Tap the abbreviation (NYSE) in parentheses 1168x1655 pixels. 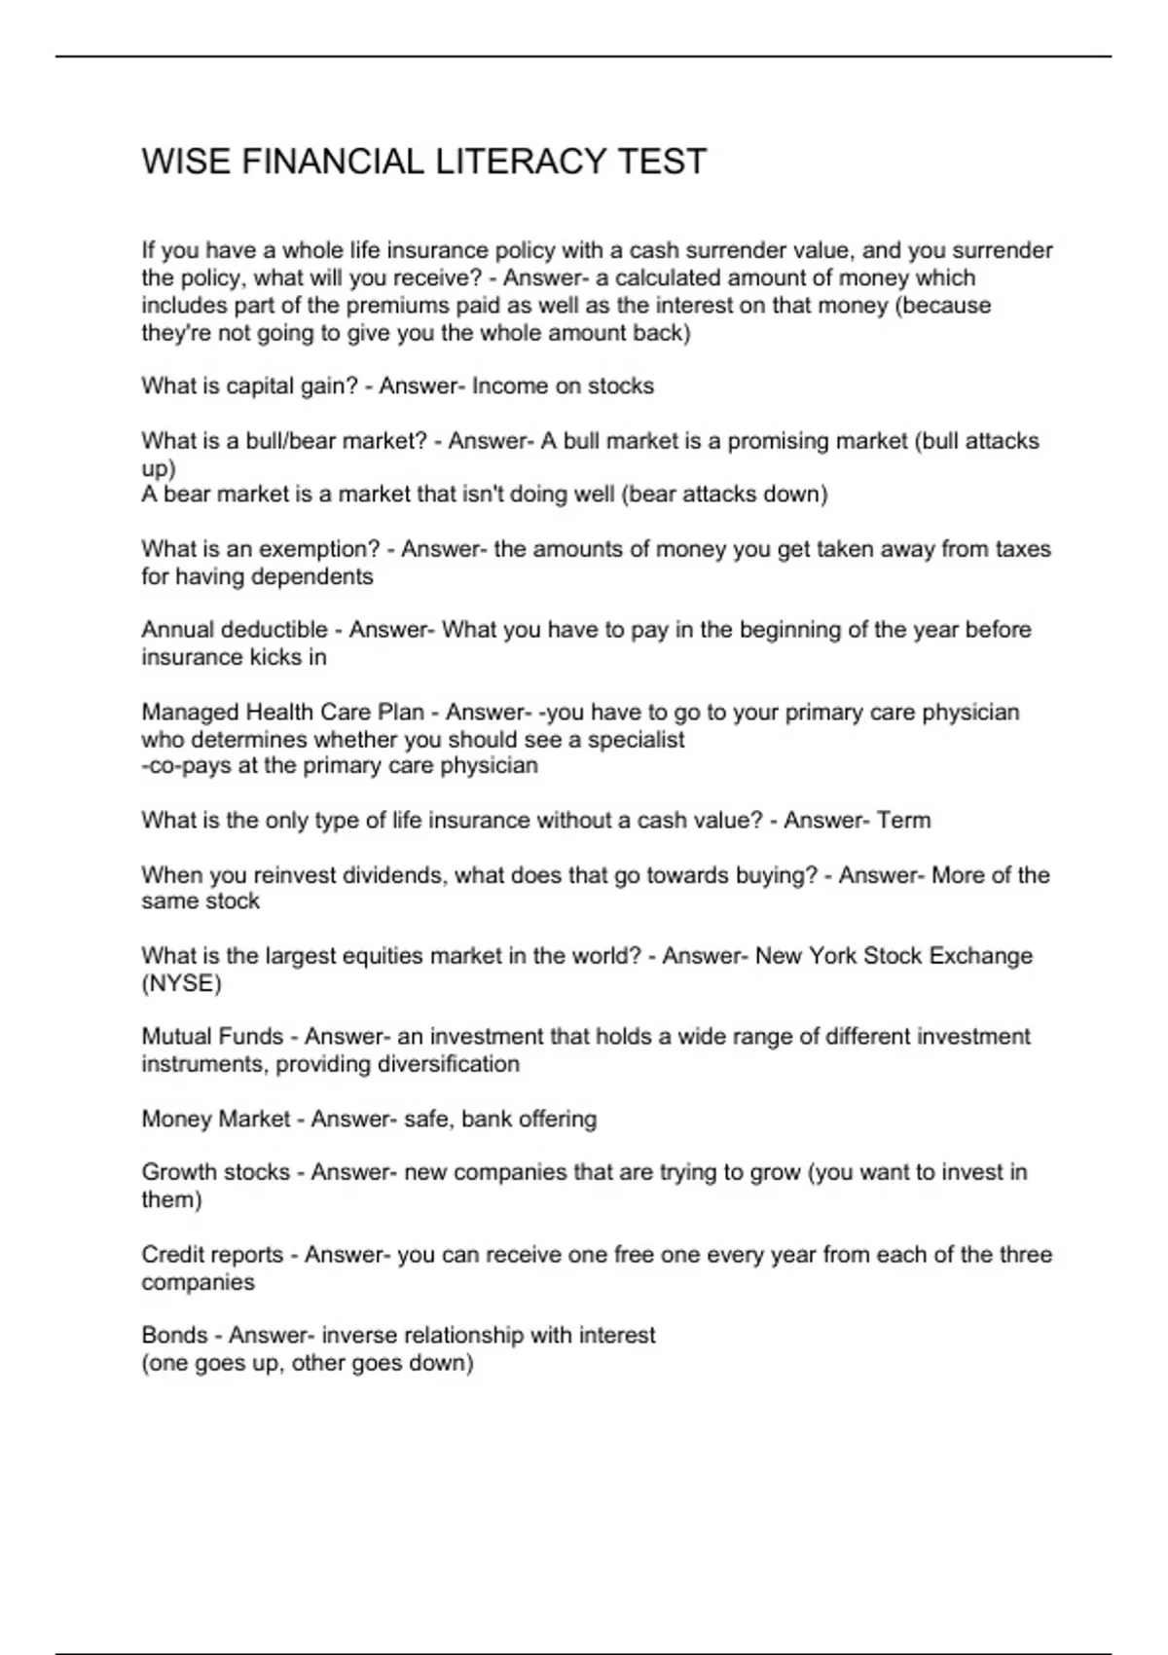182,983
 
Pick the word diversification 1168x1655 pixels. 448,1064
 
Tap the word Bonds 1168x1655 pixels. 174,1335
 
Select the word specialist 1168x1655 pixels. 637,740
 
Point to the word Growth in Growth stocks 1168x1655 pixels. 175,1172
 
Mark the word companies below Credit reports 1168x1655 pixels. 198,1282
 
